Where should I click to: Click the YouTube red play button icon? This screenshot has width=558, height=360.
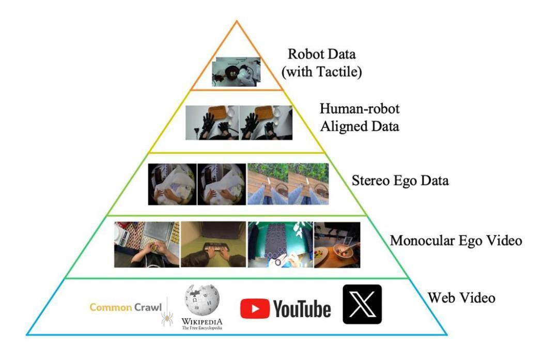pos(255,308)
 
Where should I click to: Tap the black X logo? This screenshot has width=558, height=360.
pos(362,304)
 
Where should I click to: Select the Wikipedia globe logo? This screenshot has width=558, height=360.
pos(202,300)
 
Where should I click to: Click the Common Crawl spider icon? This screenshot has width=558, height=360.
pos(167,318)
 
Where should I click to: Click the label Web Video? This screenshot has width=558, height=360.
pos(461,298)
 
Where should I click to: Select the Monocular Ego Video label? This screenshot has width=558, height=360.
pos(456,241)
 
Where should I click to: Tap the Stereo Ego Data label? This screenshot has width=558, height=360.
pos(400,181)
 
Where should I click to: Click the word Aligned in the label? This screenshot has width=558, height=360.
pos(344,127)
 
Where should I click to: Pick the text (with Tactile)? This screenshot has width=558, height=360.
pos(322,72)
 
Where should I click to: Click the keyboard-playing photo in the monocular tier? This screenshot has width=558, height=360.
pos(213,244)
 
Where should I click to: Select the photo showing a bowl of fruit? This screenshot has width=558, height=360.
pos(337,245)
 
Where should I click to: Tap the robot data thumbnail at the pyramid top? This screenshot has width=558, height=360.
pos(237,72)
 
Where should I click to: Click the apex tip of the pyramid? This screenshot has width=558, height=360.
pos(237,21)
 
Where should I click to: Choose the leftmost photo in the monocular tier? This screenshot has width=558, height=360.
pos(147,244)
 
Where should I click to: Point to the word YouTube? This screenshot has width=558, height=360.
pos(302,308)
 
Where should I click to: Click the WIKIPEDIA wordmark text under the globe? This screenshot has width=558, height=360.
pos(202,321)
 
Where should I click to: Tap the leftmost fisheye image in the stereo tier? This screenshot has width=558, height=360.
pos(172,184)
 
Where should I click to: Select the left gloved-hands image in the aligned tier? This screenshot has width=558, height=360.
pos(212,122)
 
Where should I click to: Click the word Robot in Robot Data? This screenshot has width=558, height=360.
pos(302,54)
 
